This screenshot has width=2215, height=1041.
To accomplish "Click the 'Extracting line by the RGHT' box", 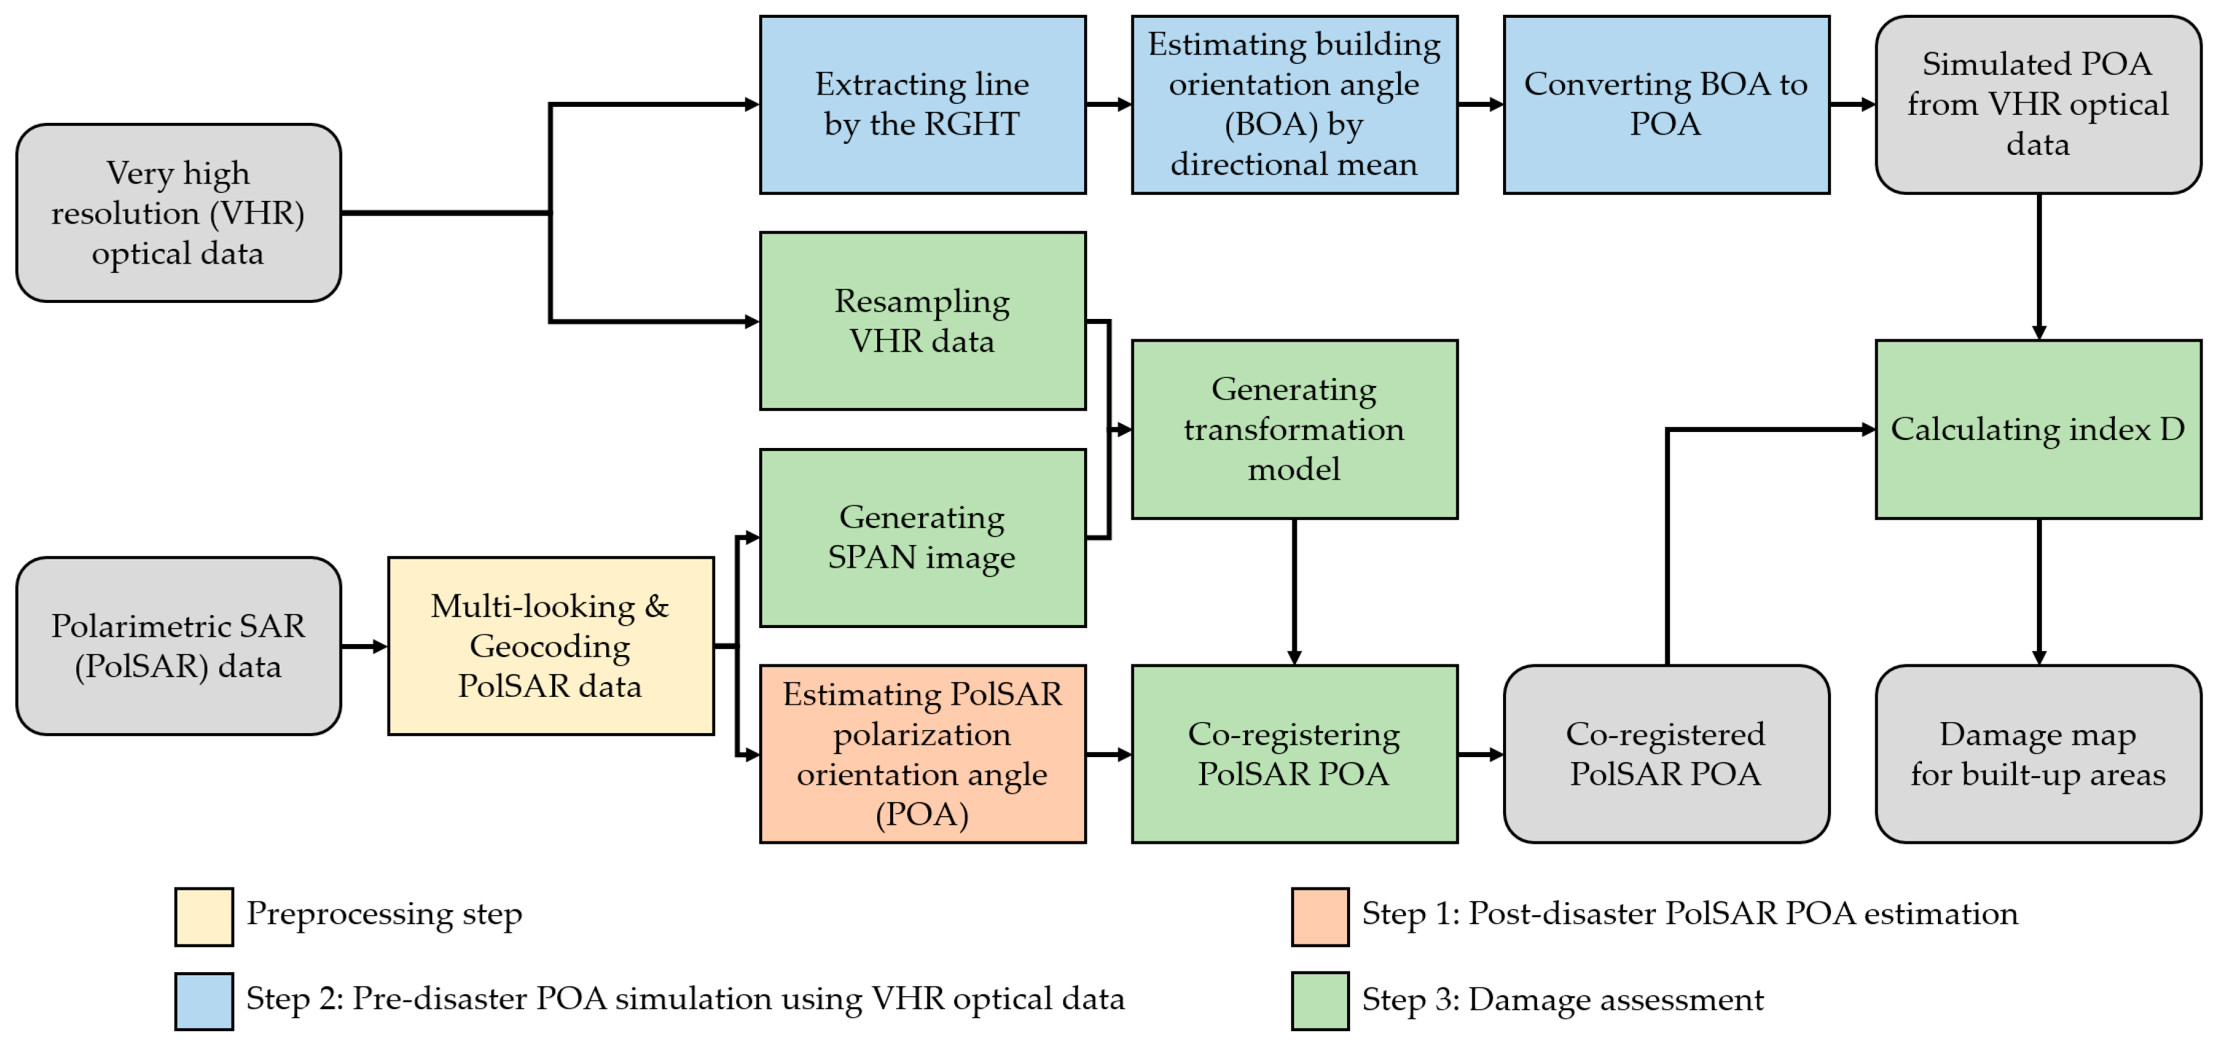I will pyautogui.click(x=922, y=104).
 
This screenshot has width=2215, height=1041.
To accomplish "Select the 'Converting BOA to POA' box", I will pyautogui.click(x=1665, y=104).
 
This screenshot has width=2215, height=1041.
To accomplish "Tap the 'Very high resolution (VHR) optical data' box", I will pyautogui.click(x=178, y=213).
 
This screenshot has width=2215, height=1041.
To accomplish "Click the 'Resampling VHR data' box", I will pyautogui.click(x=922, y=321).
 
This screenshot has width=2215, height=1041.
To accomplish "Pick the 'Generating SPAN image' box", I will pyautogui.click(x=922, y=537).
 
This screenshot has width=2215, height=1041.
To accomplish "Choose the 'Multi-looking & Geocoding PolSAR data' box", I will pyautogui.click(x=550, y=645).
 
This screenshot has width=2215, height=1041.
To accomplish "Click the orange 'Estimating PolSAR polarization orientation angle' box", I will pyautogui.click(x=922, y=753).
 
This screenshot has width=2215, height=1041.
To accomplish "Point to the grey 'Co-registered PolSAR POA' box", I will pyautogui.click(x=1665, y=753).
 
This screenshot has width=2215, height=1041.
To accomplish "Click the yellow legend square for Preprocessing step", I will pyautogui.click(x=204, y=916).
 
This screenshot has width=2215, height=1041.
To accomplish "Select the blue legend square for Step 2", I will pyautogui.click(x=204, y=1000).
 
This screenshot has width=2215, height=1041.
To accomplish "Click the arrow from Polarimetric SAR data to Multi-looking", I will pyautogui.click(x=364, y=646).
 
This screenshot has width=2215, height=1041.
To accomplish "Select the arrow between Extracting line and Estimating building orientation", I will pyautogui.click(x=1108, y=104).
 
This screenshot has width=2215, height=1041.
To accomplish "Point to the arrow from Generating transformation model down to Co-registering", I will pyautogui.click(x=1294, y=591).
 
